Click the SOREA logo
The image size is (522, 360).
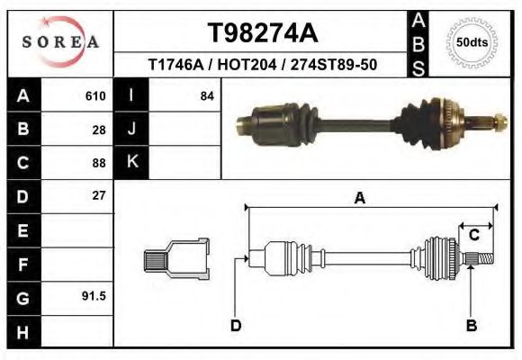(59, 42)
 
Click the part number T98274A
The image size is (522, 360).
(263, 33)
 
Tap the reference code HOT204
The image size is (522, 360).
(255, 66)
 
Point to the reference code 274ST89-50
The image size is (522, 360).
(338, 66)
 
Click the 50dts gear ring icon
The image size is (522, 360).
(472, 42)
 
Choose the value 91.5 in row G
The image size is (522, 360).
(94, 295)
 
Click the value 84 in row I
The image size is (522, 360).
(206, 96)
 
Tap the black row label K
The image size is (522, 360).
(131, 162)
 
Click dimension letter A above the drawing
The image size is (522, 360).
(359, 199)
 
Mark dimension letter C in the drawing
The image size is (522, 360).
(472, 236)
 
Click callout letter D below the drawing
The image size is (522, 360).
(236, 326)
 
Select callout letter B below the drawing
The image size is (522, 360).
(471, 326)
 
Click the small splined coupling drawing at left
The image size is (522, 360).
(176, 259)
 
